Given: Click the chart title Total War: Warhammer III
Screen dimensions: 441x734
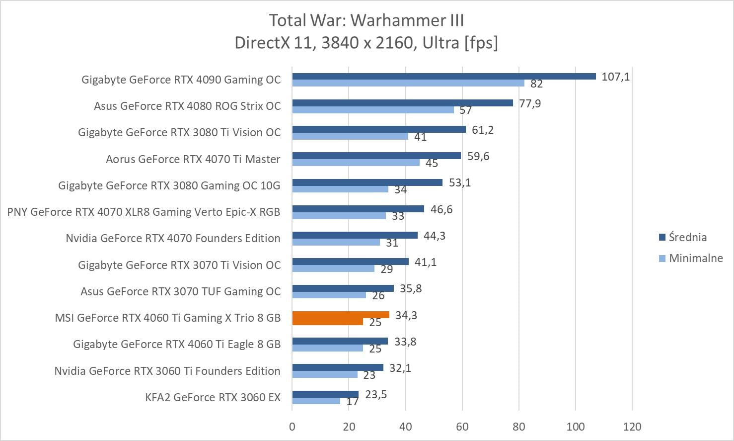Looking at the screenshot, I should tap(367, 20).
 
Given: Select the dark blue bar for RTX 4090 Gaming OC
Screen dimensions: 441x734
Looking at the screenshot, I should tap(443, 76).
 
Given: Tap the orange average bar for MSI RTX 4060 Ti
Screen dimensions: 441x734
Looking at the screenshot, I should tap(341, 315).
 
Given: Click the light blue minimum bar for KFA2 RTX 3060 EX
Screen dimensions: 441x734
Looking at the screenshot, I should tap(316, 401).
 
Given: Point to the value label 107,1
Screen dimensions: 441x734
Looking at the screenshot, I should tap(615, 77).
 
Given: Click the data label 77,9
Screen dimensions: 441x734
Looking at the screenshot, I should tap(530, 103).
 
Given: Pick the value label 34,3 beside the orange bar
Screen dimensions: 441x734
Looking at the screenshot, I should tap(406, 315).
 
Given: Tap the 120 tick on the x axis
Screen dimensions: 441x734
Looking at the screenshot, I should tap(632, 427).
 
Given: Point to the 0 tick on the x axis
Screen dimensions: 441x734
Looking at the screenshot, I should tap(292, 427).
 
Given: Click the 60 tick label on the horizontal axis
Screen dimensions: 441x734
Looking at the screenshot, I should tap(462, 427).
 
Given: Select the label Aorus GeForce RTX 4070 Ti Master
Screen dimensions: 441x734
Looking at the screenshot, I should tap(193, 159).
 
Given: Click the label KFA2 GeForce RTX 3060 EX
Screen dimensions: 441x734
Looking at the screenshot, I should tap(213, 397).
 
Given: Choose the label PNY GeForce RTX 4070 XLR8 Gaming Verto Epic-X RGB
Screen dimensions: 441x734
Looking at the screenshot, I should tap(144, 212).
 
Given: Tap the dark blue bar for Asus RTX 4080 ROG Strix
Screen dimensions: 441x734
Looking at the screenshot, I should tap(402, 103).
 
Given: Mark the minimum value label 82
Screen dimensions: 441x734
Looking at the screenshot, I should tap(536, 84).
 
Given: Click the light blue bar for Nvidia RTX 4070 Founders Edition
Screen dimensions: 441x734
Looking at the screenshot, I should tap(336, 242).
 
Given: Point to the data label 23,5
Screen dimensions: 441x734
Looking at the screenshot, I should tap(375, 395).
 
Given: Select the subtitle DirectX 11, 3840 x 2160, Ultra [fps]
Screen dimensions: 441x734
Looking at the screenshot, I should tap(367, 43).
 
